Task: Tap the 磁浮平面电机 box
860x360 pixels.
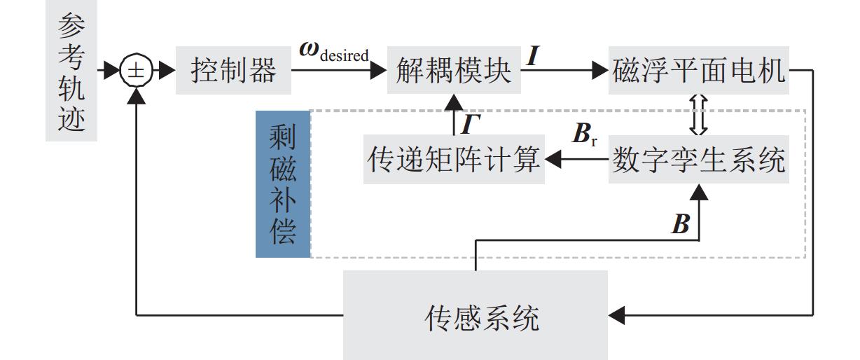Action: (699, 71)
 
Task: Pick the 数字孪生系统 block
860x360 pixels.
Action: (699, 161)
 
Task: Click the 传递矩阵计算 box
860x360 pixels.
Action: (454, 161)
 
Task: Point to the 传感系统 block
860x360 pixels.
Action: (475, 319)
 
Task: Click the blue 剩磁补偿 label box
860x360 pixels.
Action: (282, 184)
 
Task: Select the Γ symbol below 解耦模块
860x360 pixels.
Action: (470, 124)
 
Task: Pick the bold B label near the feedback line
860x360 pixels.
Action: (680, 224)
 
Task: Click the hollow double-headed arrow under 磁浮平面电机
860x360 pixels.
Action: (699, 116)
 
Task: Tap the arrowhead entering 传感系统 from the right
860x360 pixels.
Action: (616, 319)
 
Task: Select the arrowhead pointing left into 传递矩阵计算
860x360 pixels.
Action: (553, 161)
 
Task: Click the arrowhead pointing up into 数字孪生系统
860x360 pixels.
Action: (699, 191)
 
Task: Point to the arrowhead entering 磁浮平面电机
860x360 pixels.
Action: (600, 71)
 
